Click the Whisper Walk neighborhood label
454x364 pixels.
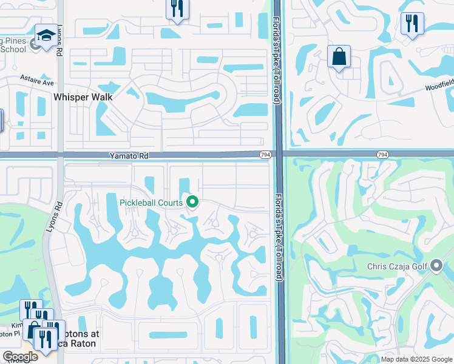pos(83,96)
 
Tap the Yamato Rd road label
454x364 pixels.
pos(128,156)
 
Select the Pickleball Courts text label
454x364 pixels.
pos(152,201)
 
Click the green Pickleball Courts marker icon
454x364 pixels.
pos(193,201)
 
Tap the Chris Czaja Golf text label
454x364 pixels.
pos(398,266)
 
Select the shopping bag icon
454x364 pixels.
pos(339,57)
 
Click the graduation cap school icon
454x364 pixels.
pos(46,36)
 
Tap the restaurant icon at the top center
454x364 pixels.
pos(177,9)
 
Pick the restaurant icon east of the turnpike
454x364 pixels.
pos(412,24)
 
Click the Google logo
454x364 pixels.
pos(20,357)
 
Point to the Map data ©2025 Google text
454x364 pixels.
pos(417,359)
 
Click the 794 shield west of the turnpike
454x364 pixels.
pos(265,155)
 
